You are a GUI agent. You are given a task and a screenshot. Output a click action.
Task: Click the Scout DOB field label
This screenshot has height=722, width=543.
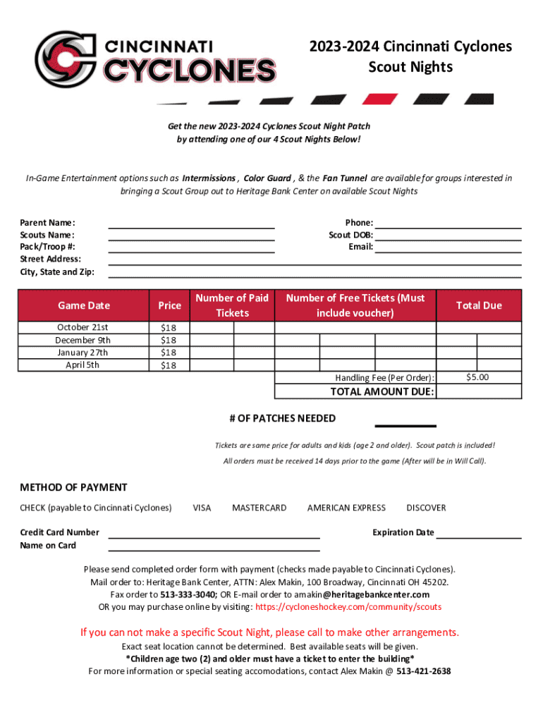pyautogui.click(x=350, y=235)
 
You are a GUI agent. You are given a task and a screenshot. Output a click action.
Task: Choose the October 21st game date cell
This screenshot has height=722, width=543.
pyautogui.click(x=83, y=327)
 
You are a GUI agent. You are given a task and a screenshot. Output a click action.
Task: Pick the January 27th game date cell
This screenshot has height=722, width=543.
pyautogui.click(x=83, y=353)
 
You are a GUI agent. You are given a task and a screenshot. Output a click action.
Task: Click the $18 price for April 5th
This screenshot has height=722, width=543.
pyautogui.click(x=169, y=365)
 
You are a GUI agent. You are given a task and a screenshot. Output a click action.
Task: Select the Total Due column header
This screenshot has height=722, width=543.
pyautogui.click(x=479, y=305)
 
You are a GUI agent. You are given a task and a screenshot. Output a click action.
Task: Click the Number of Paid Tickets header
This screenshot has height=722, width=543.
pyautogui.click(x=232, y=305)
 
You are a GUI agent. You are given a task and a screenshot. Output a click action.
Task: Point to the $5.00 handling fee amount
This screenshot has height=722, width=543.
pyautogui.click(x=478, y=378)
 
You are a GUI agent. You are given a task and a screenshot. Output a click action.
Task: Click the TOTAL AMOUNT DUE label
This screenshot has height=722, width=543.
pyautogui.click(x=382, y=392)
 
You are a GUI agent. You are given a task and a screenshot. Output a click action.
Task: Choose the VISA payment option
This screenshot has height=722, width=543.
pyautogui.click(x=202, y=508)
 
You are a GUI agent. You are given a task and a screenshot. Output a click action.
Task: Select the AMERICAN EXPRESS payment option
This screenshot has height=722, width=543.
pyautogui.click(x=346, y=508)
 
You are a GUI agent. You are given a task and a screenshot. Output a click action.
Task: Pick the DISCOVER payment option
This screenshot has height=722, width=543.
pyautogui.click(x=426, y=508)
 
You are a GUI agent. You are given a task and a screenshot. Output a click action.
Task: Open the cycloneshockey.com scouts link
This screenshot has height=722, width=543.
pyautogui.click(x=348, y=606)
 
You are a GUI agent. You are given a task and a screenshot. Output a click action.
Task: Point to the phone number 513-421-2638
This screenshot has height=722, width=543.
pyautogui.click(x=423, y=671)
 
